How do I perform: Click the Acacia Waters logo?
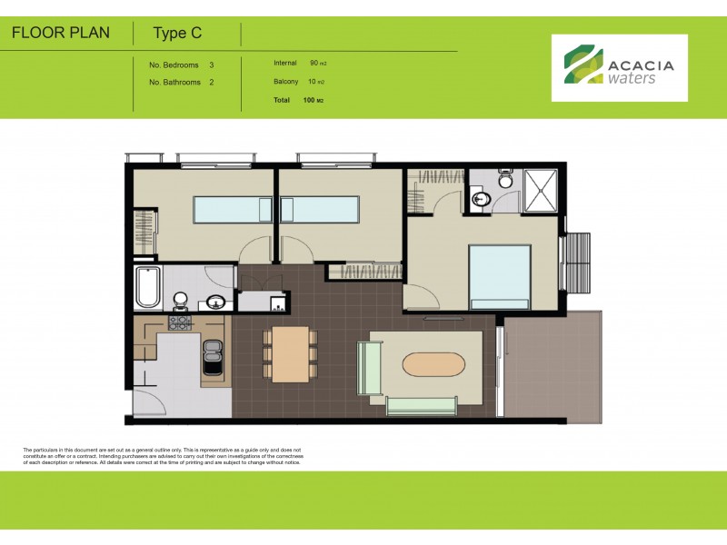620,67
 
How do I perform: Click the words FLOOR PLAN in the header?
61,34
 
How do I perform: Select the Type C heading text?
177,35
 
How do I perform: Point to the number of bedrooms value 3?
212,65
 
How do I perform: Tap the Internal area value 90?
314,64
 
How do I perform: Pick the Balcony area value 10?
314,82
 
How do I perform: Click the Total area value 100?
308,100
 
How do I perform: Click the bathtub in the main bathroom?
147,288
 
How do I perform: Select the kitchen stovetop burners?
178,322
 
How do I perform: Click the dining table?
290,353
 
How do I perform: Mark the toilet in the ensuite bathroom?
505,179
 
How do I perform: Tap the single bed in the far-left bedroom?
231,210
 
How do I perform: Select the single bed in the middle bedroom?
320,210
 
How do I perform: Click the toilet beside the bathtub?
180,299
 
